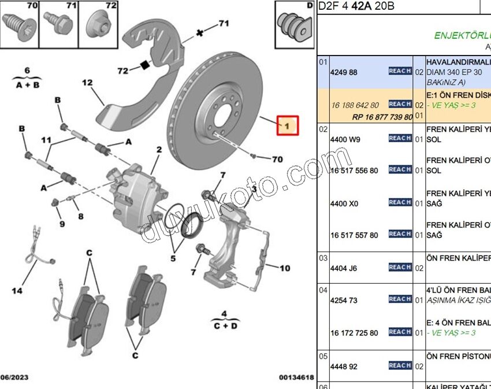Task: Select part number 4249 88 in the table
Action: click(x=343, y=72)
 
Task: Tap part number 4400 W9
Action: click(x=344, y=139)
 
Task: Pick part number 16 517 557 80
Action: click(x=354, y=235)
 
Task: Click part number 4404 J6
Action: click(x=344, y=268)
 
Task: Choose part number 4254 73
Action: click(x=343, y=301)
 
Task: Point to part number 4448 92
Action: click(x=343, y=366)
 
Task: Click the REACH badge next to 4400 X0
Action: click(x=400, y=202)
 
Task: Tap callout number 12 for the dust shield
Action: click(x=87, y=83)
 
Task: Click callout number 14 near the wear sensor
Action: click(x=17, y=291)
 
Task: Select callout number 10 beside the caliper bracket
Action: click(x=285, y=268)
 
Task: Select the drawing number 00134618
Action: click(x=297, y=377)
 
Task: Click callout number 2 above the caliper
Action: click(x=159, y=150)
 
